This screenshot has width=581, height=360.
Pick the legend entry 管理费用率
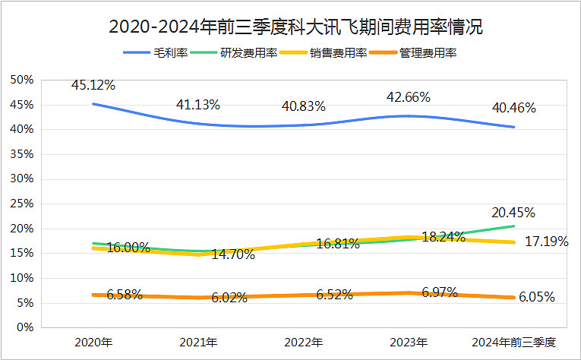(x=428, y=52)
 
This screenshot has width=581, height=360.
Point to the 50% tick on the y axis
(x=22, y=80)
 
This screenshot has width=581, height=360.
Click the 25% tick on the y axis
(x=22, y=204)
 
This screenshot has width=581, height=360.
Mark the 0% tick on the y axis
(x=25, y=327)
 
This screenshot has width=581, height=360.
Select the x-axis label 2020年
(x=93, y=343)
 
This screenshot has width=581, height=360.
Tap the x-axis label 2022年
(x=304, y=343)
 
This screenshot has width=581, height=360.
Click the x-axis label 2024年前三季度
(x=514, y=343)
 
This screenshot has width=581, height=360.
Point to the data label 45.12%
(x=93, y=85)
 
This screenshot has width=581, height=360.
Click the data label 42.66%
(x=409, y=97)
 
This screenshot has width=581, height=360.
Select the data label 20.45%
(x=513, y=212)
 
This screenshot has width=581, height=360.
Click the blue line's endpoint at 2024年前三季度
(x=514, y=127)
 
